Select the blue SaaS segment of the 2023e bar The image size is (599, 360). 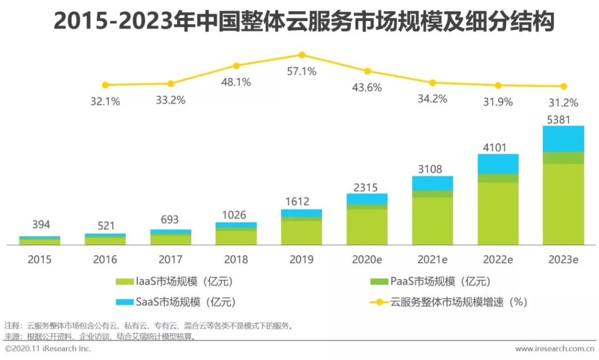pyautogui.click(x=563, y=139)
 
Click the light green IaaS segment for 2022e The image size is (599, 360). pyautogui.click(x=498, y=214)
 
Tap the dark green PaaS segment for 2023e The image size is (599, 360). pyautogui.click(x=563, y=158)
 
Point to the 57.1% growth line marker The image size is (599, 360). pyautogui.click(x=302, y=55)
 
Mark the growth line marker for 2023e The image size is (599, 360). pyautogui.click(x=564, y=87)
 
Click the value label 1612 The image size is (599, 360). pyautogui.click(x=302, y=202)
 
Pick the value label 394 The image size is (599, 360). pyautogui.click(x=40, y=225)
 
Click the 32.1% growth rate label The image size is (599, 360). pyautogui.click(x=105, y=101)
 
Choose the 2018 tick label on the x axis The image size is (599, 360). pyautogui.click(x=236, y=260)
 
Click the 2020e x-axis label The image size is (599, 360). pyautogui.click(x=367, y=260)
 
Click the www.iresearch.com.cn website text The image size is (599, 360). pyautogui.click(x=555, y=349)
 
